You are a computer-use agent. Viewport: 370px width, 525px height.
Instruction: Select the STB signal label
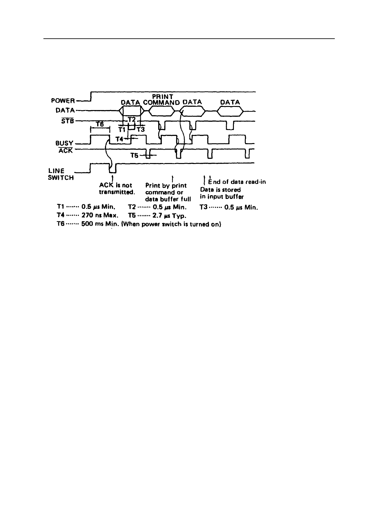pos(68,121)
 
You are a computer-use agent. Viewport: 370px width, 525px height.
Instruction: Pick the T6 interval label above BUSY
pos(100,124)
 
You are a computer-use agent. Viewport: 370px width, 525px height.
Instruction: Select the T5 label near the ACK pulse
pos(134,155)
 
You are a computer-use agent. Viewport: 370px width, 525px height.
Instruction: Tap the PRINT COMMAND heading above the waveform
pos(162,99)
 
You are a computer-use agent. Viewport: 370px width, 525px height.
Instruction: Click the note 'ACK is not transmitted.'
pos(117,189)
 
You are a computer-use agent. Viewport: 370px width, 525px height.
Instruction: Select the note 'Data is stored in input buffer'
pos(221,193)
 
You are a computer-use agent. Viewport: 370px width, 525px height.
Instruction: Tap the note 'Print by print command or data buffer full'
pos(168,192)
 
